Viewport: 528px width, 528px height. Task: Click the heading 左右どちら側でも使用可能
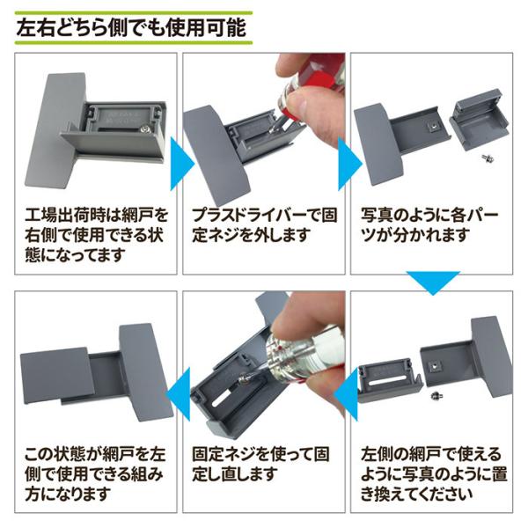click(131, 28)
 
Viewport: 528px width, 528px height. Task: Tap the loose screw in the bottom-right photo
click(436, 396)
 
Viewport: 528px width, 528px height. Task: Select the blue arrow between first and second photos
click(182, 165)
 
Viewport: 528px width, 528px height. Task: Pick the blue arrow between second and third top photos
click(350, 165)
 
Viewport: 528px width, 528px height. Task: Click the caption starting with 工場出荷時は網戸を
click(95, 235)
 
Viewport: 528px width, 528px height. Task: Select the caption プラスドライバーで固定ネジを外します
click(264, 225)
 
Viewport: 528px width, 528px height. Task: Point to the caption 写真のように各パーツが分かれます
click(429, 225)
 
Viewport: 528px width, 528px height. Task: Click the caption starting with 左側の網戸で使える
click(433, 473)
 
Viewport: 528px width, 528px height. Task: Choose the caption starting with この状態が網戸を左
click(95, 473)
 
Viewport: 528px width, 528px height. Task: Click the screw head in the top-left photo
click(145, 128)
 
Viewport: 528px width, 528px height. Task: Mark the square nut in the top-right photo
click(432, 127)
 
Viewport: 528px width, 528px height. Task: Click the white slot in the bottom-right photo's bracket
click(386, 382)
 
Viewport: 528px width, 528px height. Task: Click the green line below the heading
click(134, 43)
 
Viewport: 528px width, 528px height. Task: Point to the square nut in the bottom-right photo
click(434, 366)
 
